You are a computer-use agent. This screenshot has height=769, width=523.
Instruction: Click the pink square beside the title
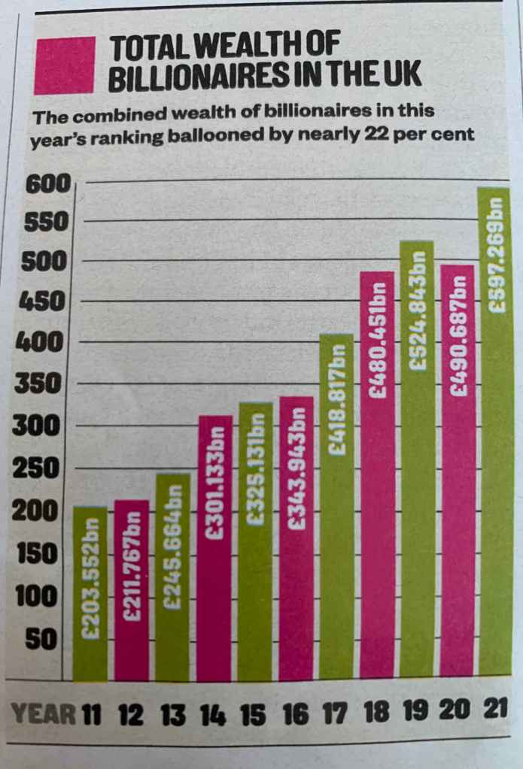point(65,65)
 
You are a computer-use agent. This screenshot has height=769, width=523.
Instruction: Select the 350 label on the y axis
point(38,385)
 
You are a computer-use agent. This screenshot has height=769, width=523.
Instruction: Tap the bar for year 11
point(90,594)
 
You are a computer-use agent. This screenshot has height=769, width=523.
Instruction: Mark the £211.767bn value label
point(132,571)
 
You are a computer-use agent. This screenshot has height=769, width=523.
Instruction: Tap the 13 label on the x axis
point(173,713)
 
